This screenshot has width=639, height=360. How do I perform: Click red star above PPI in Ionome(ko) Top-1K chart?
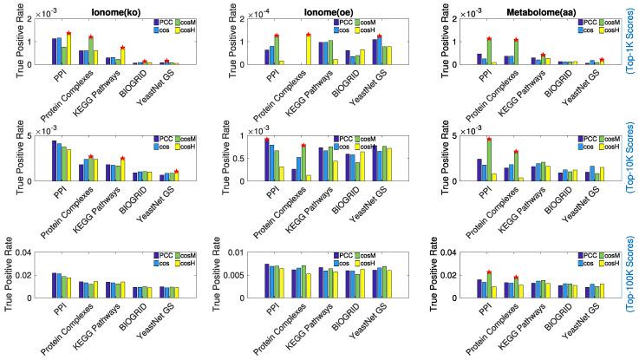pos(68,33)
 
